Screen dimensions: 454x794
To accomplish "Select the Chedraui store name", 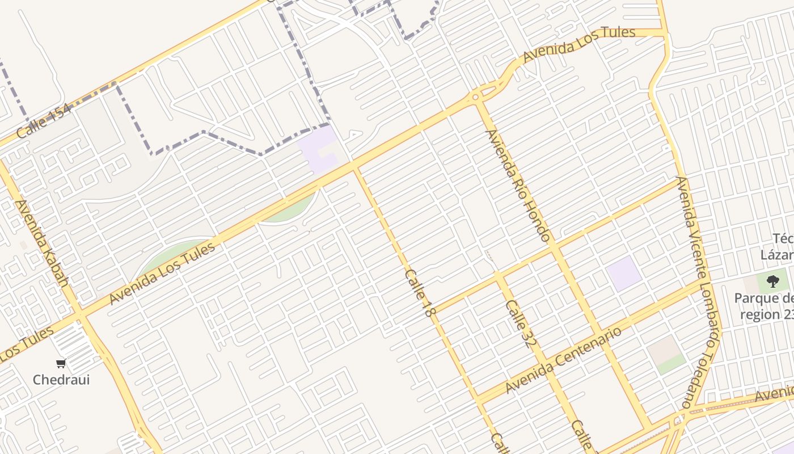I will point(61,380).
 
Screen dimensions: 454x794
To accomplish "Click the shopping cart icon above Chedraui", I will point(61,363).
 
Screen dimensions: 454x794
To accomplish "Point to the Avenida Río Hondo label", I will point(518,186).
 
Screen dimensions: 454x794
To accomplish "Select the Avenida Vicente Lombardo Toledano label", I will point(699,292).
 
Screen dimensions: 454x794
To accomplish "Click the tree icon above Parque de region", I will point(772,281).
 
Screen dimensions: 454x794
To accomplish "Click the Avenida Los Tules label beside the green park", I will point(163,274).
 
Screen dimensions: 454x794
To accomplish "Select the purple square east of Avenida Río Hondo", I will point(624,273).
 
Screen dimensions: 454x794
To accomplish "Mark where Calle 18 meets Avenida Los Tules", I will point(355,167).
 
